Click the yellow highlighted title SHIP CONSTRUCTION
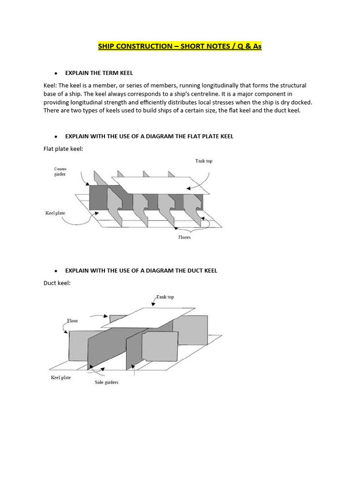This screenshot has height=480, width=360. click(180, 46)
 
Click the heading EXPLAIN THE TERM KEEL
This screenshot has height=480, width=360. click(99, 73)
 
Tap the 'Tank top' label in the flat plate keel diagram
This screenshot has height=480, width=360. click(203, 161)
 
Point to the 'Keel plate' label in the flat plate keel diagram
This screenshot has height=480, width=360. click(55, 213)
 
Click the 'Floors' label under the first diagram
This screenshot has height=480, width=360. click(184, 237)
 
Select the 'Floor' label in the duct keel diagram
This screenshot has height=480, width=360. click(72, 321)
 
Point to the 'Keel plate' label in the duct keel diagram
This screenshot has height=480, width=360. click(61, 377)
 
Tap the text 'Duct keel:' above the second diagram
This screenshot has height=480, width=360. click(57, 283)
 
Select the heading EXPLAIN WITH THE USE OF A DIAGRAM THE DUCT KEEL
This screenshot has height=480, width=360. click(141, 270)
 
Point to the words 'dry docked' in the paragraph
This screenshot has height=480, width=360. click(294, 102)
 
